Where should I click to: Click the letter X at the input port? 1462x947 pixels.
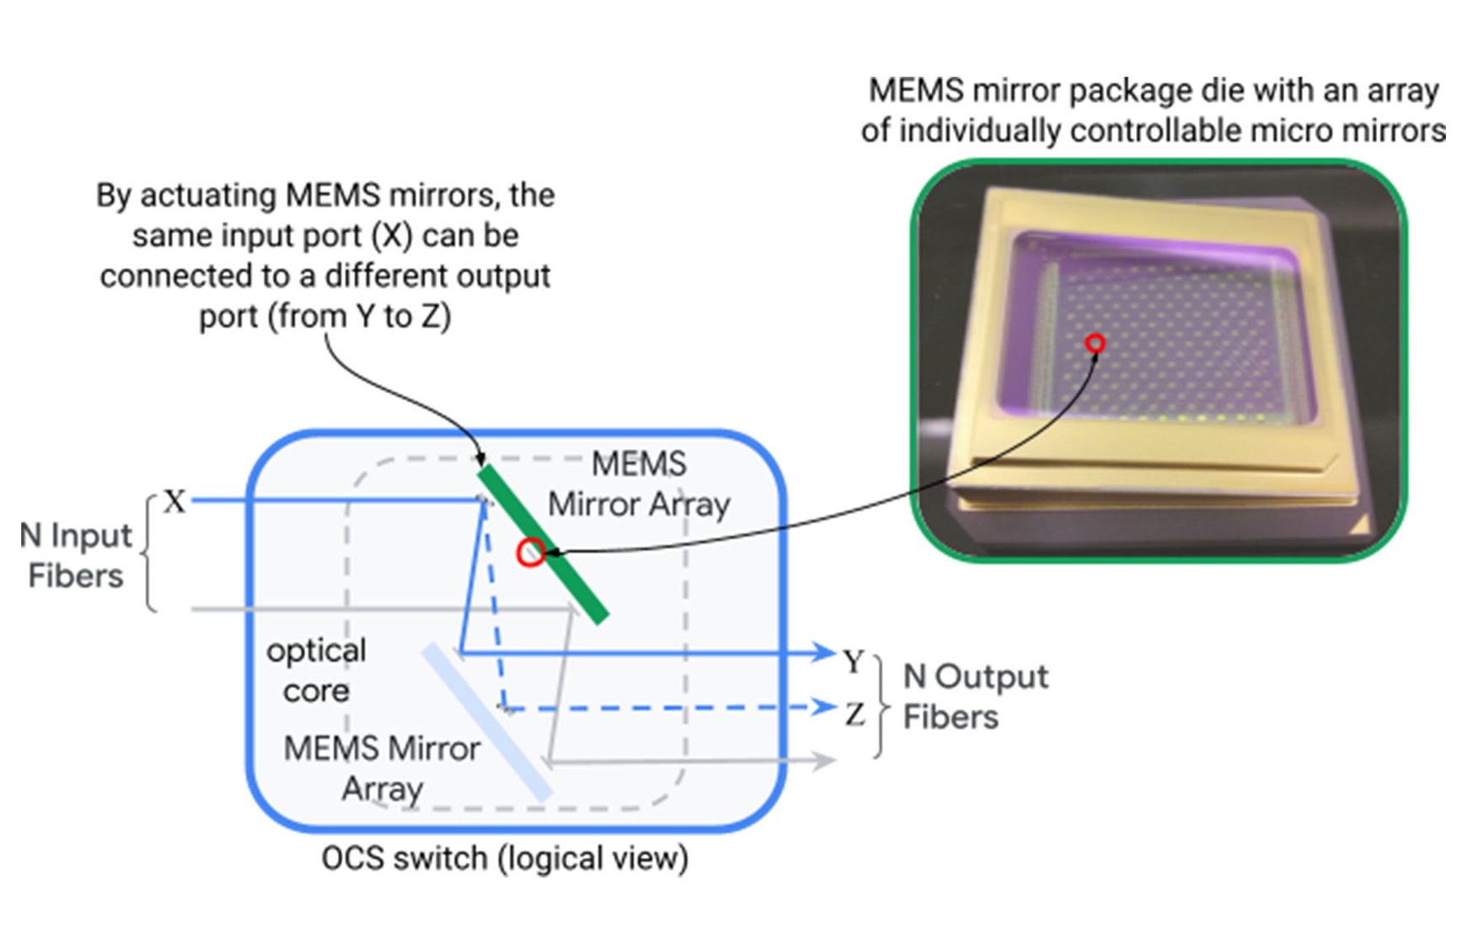coord(174,501)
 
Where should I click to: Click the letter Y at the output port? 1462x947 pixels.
coord(854,661)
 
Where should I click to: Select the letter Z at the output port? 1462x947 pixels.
coord(854,714)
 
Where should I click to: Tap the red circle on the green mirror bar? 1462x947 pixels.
coord(530,553)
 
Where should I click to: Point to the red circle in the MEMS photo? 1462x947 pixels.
coord(1095,343)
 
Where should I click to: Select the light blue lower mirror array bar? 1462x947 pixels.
coord(487,721)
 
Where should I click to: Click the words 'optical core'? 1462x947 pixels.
coord(316,671)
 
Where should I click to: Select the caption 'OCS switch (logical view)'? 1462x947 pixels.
coord(505,859)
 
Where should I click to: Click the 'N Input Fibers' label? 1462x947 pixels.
coord(76,555)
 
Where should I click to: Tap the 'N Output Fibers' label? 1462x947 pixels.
coord(975,697)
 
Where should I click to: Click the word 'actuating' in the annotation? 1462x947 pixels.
coord(211,195)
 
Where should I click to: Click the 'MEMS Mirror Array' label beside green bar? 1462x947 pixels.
coord(639,484)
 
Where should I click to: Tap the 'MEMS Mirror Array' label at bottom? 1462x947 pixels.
coord(382,768)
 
